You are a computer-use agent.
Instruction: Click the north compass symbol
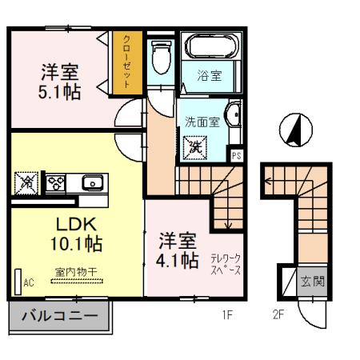[x=296, y=130]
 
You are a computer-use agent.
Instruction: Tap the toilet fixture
[x=161, y=57]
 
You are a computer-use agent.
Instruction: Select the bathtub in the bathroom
[x=211, y=46]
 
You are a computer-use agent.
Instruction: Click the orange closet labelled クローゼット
[x=127, y=62]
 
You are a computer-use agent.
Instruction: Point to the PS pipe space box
[x=236, y=155]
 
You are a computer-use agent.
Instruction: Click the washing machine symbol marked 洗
[x=195, y=148]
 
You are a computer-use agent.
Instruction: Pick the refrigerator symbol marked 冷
[x=26, y=183]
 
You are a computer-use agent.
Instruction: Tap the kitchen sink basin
[x=92, y=182]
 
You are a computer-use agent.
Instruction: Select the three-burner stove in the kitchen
[x=56, y=183]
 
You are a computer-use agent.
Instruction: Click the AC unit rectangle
[x=18, y=282]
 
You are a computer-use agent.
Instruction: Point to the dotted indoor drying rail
[x=77, y=281]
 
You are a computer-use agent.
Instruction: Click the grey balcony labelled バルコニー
[x=59, y=316]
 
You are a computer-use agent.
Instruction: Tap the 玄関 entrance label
[x=313, y=281]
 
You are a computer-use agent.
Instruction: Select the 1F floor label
[x=228, y=315]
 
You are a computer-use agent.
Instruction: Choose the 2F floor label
[x=278, y=315]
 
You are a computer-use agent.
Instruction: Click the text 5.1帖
[x=59, y=92]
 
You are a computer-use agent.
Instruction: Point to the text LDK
[x=76, y=225]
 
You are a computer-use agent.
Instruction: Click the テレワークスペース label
[x=226, y=264]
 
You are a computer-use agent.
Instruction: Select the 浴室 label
[x=210, y=75]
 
